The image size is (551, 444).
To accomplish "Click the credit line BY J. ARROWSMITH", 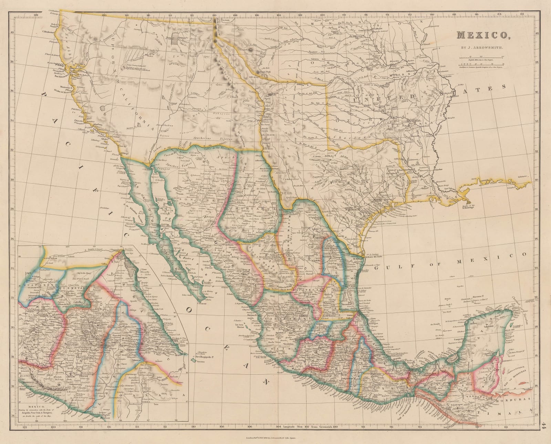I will pos(481,46).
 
